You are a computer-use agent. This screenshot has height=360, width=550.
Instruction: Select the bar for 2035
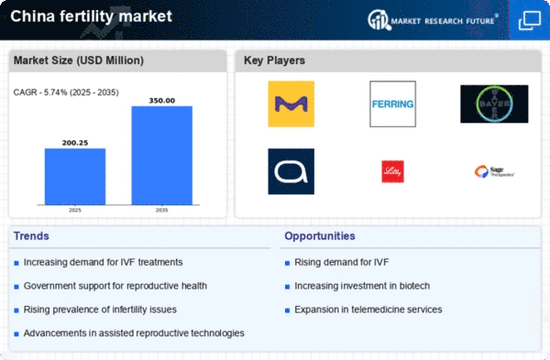point(162,155)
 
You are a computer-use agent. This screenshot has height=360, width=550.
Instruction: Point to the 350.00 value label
point(162,100)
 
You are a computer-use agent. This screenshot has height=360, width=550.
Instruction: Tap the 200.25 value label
point(75,142)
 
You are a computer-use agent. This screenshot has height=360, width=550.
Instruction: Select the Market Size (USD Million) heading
point(77,61)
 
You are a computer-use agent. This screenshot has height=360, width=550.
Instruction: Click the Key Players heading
point(275,61)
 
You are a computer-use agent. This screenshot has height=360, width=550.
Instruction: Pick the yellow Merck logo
point(291,104)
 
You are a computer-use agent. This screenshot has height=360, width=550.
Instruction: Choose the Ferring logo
point(392,104)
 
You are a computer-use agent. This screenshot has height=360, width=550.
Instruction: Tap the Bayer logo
point(493,104)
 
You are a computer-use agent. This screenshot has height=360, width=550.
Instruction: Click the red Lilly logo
point(392,171)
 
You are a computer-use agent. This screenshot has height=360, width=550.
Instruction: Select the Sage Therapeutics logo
point(493,171)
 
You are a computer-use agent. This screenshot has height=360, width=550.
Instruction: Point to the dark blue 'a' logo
point(291,171)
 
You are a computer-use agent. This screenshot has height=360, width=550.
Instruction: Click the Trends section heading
point(33,236)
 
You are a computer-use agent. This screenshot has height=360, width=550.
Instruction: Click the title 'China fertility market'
point(79,16)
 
